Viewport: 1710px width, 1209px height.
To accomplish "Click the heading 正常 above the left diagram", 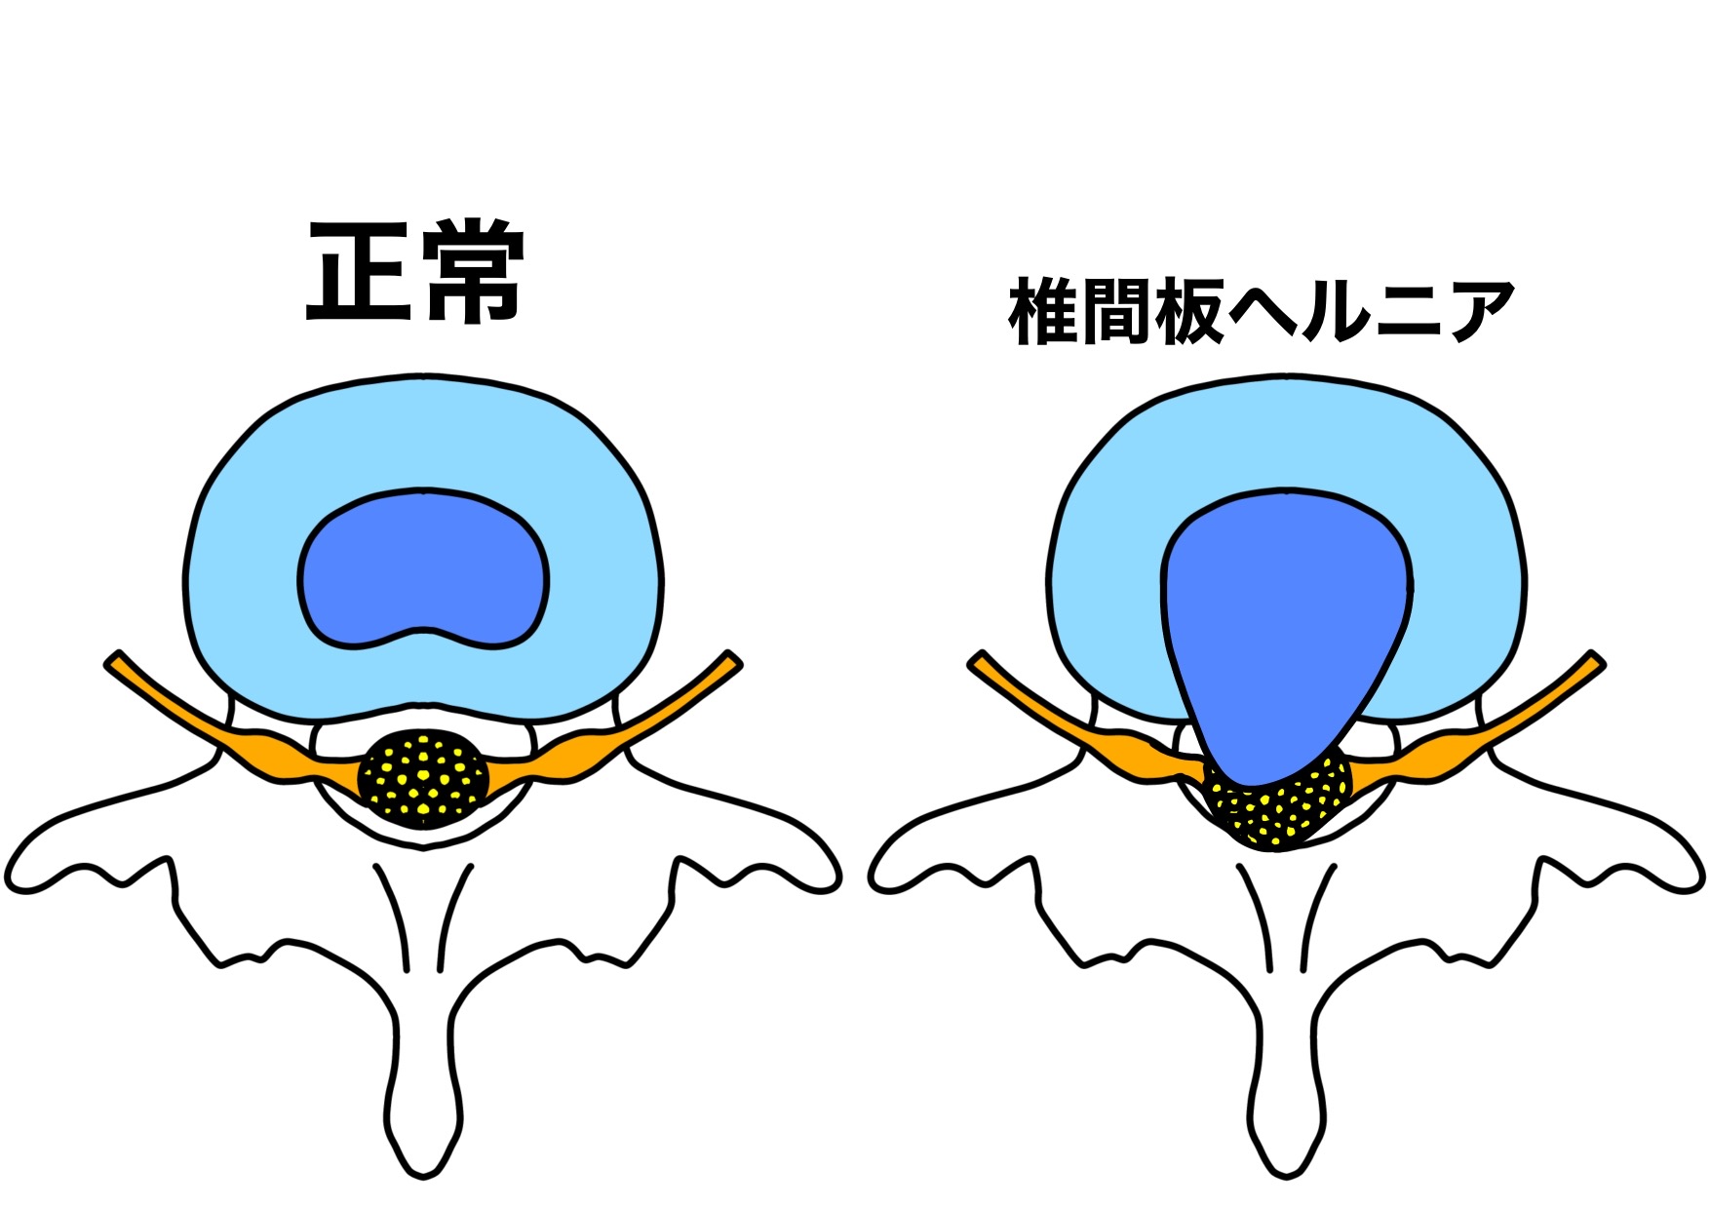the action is tap(416, 271).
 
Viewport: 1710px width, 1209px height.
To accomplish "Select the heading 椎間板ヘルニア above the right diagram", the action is tap(1261, 311).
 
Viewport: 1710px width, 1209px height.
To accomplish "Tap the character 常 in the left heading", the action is tap(475, 271).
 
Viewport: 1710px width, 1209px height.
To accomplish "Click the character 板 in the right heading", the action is tap(1187, 311).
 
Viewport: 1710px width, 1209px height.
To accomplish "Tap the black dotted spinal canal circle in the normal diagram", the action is tap(423, 779).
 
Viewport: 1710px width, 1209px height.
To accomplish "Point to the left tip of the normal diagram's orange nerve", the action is tap(110, 663).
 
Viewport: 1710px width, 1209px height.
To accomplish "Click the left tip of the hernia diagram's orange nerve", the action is tap(974, 663).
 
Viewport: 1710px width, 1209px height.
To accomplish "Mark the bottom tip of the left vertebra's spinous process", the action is tap(424, 1177).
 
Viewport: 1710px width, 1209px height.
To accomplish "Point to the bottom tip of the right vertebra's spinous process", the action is tap(1287, 1177).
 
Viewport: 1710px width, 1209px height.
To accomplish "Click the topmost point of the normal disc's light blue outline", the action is tap(423, 375).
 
